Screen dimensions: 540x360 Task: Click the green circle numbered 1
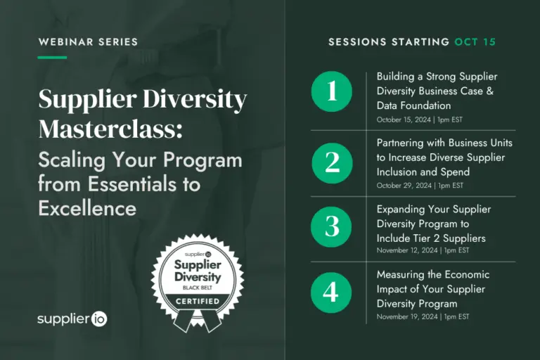(x=332, y=91)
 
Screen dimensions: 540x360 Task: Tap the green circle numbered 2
(x=333, y=163)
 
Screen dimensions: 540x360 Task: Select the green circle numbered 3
(x=331, y=227)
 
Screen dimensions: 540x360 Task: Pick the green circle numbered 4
(x=331, y=292)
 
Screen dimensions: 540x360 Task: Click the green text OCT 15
(x=475, y=42)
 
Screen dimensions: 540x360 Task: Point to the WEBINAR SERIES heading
(x=88, y=42)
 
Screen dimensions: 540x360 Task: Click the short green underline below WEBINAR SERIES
(x=52, y=58)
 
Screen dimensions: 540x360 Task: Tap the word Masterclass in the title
(x=110, y=129)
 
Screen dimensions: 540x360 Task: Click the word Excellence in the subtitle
(x=87, y=208)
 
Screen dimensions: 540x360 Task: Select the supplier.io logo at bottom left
(x=72, y=319)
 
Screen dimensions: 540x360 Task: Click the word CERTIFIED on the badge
(x=198, y=302)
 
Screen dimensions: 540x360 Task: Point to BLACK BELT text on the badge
(x=198, y=288)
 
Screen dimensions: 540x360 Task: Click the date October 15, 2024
(x=404, y=120)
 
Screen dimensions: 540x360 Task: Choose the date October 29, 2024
(x=404, y=186)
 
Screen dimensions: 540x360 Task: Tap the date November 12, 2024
(x=407, y=250)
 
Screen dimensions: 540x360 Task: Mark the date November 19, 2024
(x=407, y=316)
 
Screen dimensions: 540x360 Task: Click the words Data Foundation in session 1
(x=413, y=105)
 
